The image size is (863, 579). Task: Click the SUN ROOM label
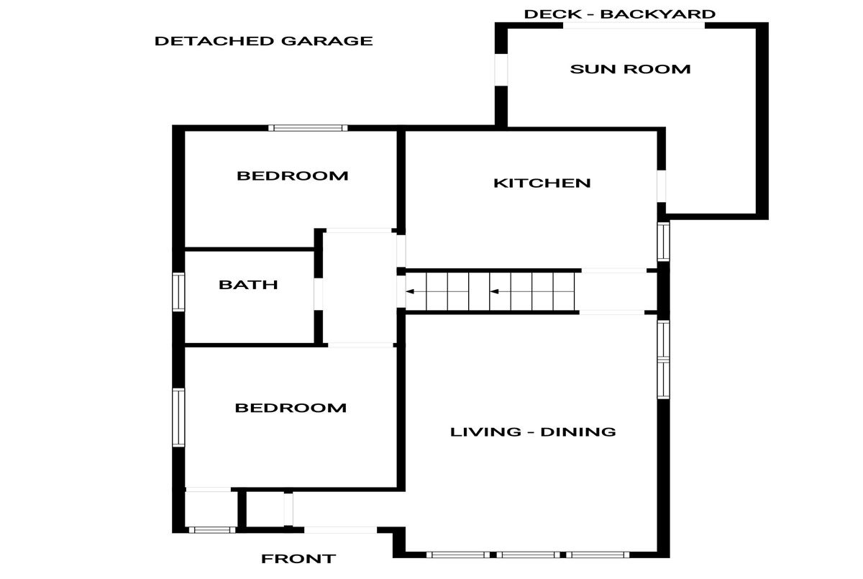tap(630, 69)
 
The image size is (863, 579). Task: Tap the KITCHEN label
tap(542, 183)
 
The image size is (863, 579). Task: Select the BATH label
tap(248, 285)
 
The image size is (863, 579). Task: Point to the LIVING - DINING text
tap(533, 432)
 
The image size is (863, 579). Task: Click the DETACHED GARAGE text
tap(263, 41)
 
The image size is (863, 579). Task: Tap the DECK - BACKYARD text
tap(619, 14)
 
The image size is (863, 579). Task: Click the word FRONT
tap(298, 559)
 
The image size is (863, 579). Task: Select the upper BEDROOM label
tap(293, 176)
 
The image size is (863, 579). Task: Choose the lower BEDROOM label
tap(291, 408)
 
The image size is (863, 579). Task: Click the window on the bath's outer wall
tap(178, 291)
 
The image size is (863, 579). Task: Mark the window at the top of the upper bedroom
tap(308, 128)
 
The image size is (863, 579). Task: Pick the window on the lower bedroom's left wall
tap(178, 418)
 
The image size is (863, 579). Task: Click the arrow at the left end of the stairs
tap(410, 291)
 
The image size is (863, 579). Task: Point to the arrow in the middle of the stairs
tap(494, 291)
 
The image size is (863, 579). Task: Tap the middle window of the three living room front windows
tap(528, 555)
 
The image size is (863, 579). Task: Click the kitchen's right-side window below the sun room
tap(663, 242)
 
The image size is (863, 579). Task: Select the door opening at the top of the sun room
tap(634, 25)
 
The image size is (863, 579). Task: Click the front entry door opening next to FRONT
tap(341, 530)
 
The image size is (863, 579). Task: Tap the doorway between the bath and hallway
tap(318, 294)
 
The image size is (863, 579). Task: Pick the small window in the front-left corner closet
tap(212, 530)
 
